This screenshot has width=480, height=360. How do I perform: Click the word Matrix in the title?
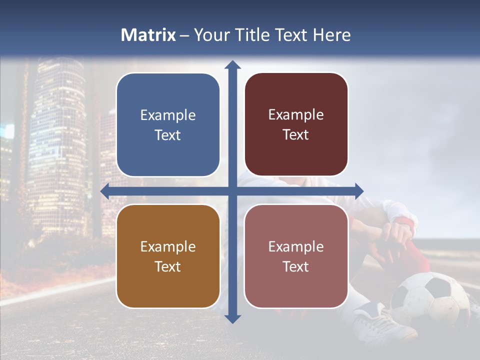(148, 35)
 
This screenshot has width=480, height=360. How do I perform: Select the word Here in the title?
(331, 35)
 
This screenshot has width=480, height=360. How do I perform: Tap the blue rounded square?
(168, 125)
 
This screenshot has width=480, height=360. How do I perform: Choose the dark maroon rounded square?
(296, 124)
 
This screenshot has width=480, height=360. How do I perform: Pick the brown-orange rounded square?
(168, 256)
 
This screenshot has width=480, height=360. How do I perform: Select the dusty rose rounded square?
(296, 256)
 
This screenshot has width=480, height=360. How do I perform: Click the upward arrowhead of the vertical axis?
(232, 64)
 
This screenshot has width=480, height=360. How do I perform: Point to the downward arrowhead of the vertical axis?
(232, 318)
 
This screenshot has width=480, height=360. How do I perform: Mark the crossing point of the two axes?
(232, 191)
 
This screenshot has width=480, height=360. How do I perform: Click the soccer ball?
(430, 300)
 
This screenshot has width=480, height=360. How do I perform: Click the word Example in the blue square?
(168, 115)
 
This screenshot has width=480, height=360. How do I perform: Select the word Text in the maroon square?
(296, 135)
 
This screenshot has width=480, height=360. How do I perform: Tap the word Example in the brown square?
(168, 246)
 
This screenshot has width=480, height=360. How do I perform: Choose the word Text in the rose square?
(296, 267)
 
